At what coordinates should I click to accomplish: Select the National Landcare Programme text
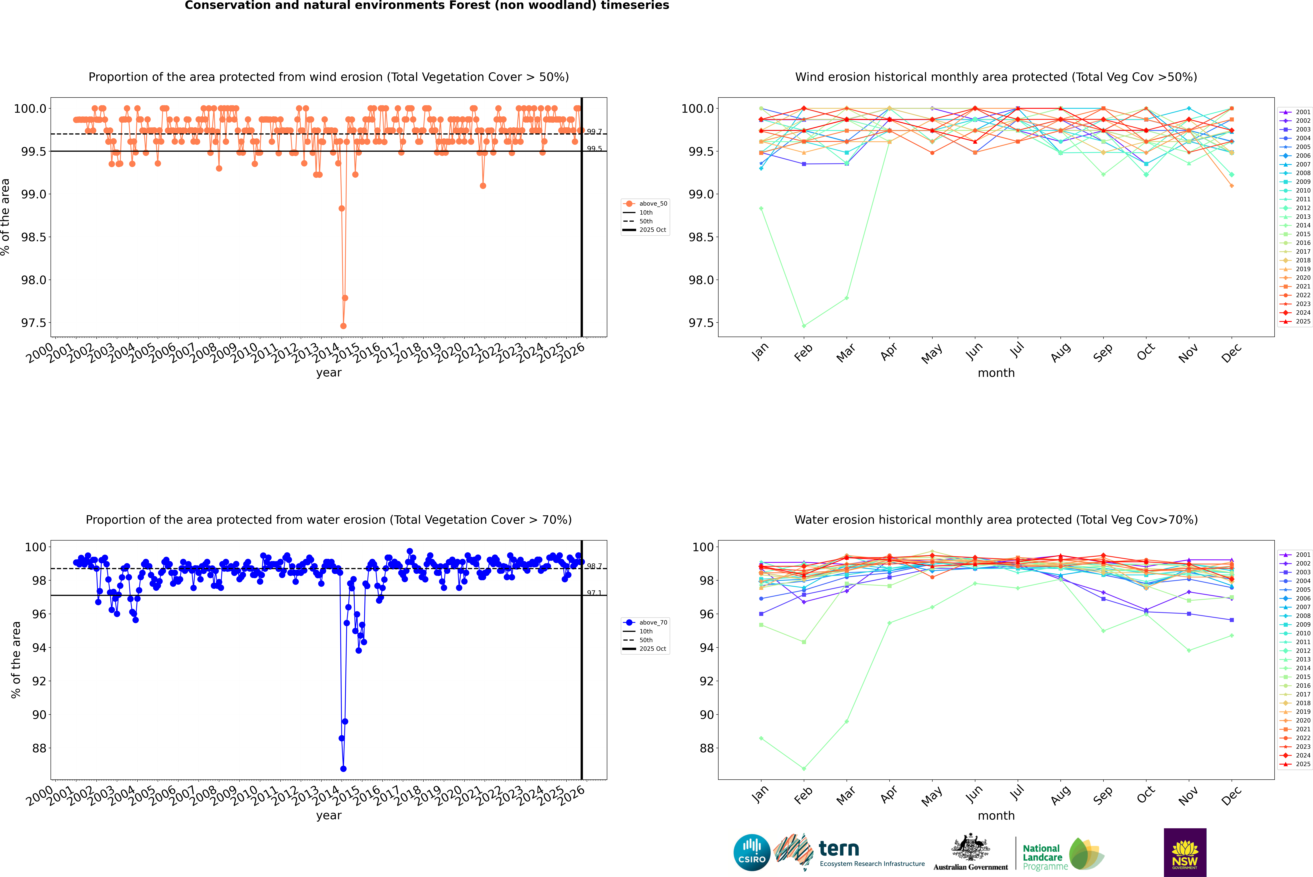1042,857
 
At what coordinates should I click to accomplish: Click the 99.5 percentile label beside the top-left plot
594,149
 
